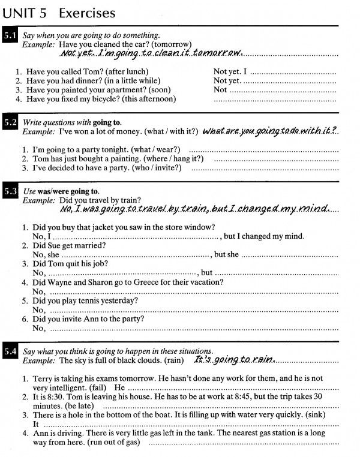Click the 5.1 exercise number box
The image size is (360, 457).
point(10,37)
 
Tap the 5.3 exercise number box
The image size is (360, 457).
point(10,191)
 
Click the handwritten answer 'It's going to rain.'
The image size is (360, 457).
point(234,360)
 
